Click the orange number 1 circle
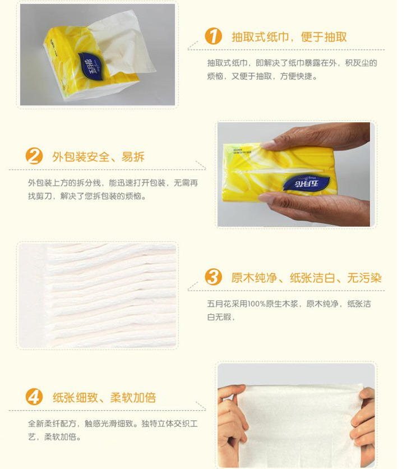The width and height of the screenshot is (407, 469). click(x=214, y=36)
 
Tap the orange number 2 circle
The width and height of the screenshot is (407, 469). click(x=34, y=156)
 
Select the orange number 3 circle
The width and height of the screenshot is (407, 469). click(x=214, y=277)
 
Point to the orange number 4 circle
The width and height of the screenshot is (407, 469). click(x=34, y=397)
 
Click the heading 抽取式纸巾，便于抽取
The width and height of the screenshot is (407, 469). click(x=289, y=37)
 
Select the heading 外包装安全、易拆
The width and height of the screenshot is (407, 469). click(x=98, y=157)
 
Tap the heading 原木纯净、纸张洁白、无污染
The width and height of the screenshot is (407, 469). click(x=306, y=278)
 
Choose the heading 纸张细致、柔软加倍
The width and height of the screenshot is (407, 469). click(x=104, y=398)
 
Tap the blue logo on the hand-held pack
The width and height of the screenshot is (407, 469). click(x=306, y=183)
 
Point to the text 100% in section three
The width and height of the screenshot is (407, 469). click(x=257, y=304)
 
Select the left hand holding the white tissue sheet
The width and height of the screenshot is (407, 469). click(x=232, y=425)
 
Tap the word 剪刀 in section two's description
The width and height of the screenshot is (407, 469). click(x=44, y=196)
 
